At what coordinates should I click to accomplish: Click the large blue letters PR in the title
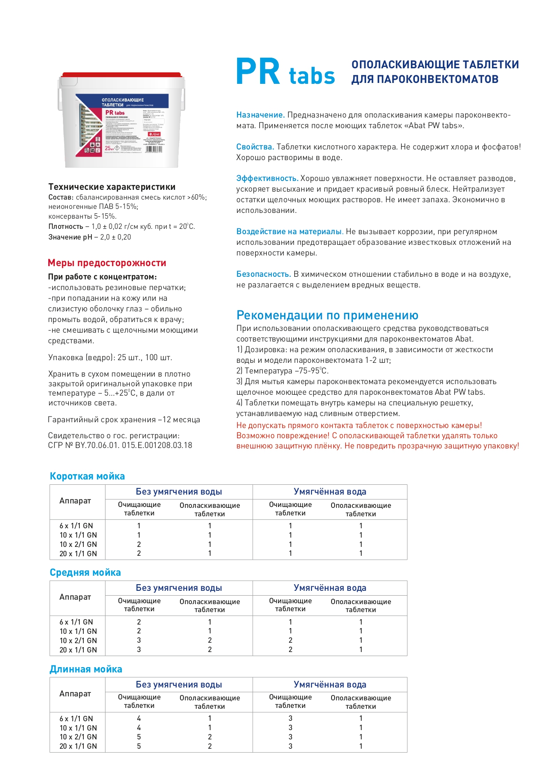(x=258, y=71)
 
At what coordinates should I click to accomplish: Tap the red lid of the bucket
(x=121, y=75)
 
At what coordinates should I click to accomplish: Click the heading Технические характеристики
(x=112, y=187)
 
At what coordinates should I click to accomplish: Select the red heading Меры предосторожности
(x=107, y=263)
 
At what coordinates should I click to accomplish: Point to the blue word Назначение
(x=260, y=115)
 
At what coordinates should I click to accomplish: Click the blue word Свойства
(x=255, y=147)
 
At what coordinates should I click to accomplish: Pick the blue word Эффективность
(x=267, y=178)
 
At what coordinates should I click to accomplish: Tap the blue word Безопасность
(x=263, y=274)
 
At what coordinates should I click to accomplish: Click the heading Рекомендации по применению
(x=327, y=315)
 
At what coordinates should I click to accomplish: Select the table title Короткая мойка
(x=87, y=476)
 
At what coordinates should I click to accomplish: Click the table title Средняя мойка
(x=85, y=573)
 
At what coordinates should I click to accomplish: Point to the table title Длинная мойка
(x=86, y=669)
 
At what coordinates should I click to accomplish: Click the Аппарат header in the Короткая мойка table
(x=75, y=501)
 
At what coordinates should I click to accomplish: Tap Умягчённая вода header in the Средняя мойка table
(x=330, y=588)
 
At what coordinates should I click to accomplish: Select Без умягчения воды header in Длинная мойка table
(x=179, y=685)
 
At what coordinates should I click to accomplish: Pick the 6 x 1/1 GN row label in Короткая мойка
(x=76, y=526)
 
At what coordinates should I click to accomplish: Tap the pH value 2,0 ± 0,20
(x=115, y=237)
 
